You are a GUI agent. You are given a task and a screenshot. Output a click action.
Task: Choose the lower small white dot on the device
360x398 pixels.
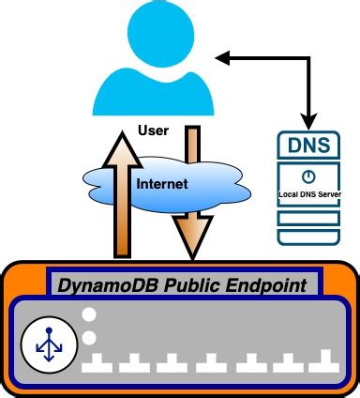pos(89,337)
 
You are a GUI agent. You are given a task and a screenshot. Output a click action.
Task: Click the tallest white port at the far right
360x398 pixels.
pos(324,360)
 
